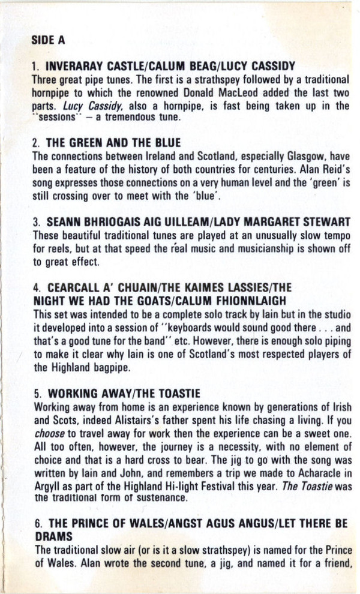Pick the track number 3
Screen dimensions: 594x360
click(37, 222)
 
